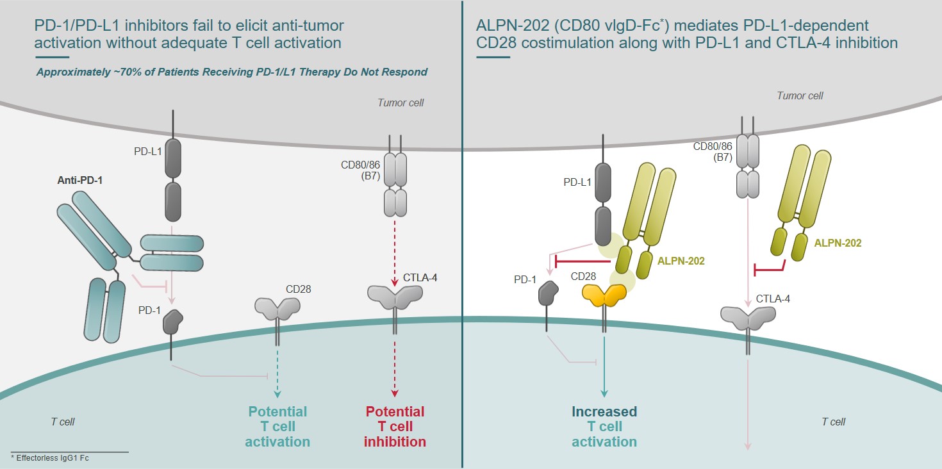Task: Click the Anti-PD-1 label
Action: (79, 180)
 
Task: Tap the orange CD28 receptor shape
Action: (604, 294)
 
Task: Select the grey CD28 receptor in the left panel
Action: (277, 308)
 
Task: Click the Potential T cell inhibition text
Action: (395, 427)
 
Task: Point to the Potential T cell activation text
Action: (277, 427)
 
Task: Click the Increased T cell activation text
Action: (604, 427)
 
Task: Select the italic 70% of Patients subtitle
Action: (232, 72)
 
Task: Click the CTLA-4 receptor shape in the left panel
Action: (395, 295)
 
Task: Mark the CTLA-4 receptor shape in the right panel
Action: (748, 316)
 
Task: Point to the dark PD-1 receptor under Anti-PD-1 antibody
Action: (172, 321)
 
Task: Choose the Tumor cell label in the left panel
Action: (401, 103)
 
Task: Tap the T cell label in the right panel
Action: (834, 422)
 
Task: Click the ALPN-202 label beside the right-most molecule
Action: (838, 243)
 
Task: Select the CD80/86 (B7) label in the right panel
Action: (711, 152)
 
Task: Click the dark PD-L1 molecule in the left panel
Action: (173, 179)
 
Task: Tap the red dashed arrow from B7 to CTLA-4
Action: (395, 250)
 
